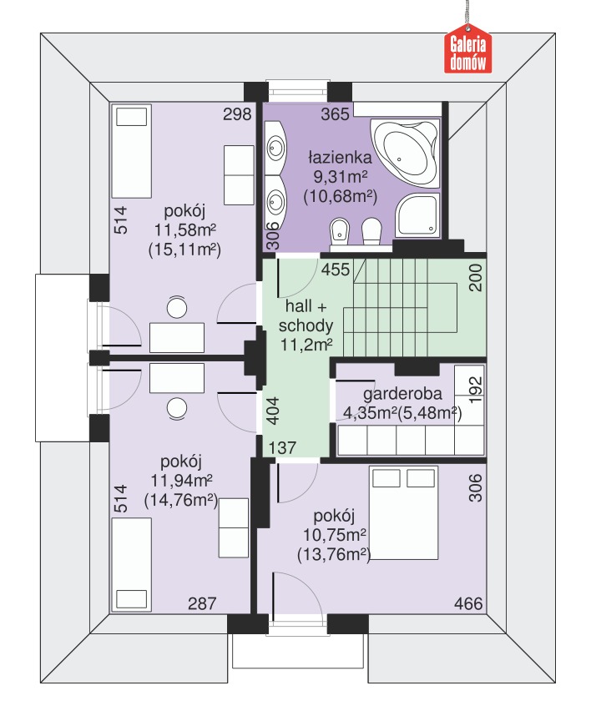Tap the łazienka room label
pyautogui.click(x=341, y=158)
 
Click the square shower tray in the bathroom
pyautogui.click(x=417, y=214)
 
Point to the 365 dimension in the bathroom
pyautogui.click(x=335, y=113)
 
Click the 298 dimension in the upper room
pyautogui.click(x=237, y=113)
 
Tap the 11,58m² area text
pyautogui.click(x=185, y=229)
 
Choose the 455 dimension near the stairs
pyautogui.click(x=336, y=270)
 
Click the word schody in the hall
pyautogui.click(x=306, y=325)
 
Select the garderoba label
pyautogui.click(x=402, y=394)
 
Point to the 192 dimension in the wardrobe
pyautogui.click(x=476, y=389)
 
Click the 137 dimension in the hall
pyautogui.click(x=282, y=447)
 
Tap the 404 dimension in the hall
pyautogui.click(x=273, y=411)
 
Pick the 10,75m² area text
pyautogui.click(x=335, y=535)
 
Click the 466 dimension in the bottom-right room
pyautogui.click(x=468, y=603)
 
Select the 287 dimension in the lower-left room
pyautogui.click(x=202, y=603)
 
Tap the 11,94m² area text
pyautogui.click(x=181, y=481)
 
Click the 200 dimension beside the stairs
pyautogui.click(x=476, y=278)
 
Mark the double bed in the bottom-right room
pyautogui.click(x=403, y=512)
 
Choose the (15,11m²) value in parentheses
pyautogui.click(x=185, y=250)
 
